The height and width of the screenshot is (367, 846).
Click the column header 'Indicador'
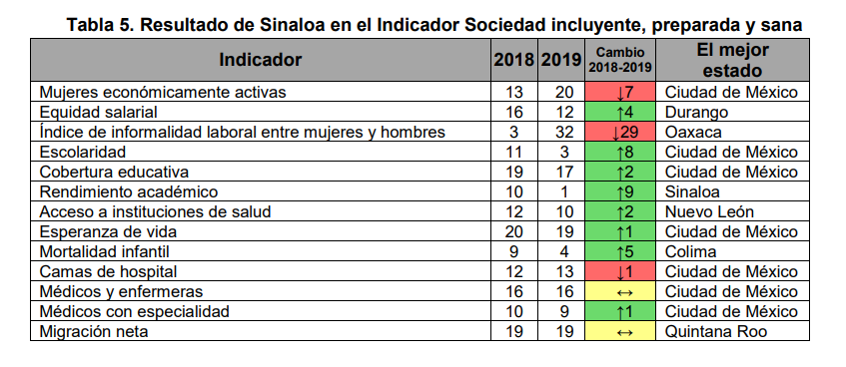click(x=260, y=60)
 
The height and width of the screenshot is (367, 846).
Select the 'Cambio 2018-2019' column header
click(x=621, y=60)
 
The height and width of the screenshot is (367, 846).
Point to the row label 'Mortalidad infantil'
click(x=105, y=251)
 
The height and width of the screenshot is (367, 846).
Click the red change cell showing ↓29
click(x=621, y=132)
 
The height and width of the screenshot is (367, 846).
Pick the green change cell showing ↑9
click(x=621, y=191)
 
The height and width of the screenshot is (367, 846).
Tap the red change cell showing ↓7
click(x=621, y=92)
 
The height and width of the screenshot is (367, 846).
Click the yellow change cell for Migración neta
click(x=621, y=331)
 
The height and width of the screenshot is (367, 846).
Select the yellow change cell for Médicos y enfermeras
click(x=621, y=291)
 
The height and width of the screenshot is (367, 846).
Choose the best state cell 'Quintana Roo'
click(x=716, y=331)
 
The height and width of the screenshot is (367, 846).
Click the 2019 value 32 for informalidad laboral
click(x=562, y=132)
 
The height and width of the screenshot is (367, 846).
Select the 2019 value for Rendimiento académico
click(x=562, y=191)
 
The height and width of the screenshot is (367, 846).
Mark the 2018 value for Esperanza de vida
click(x=514, y=231)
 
